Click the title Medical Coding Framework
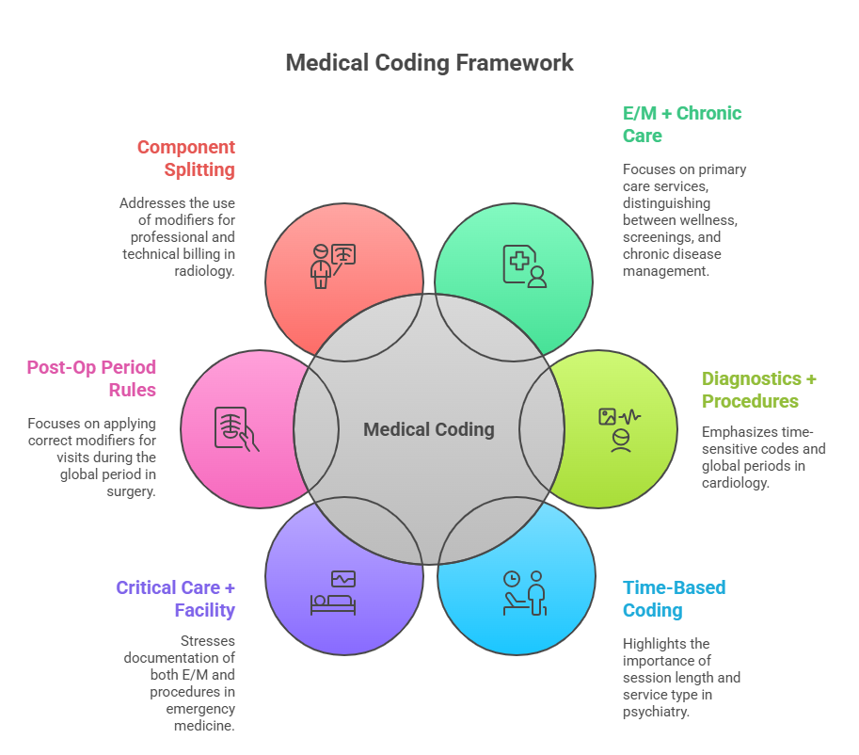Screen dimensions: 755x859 (429, 64)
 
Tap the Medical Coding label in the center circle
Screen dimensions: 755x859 (429, 429)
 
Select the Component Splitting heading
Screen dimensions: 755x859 (186, 158)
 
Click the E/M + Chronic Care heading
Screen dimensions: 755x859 (682, 124)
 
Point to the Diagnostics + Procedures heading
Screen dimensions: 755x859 (759, 390)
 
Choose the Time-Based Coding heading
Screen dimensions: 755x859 (674, 599)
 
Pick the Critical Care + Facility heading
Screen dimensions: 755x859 (176, 599)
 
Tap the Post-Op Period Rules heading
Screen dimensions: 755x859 (91, 378)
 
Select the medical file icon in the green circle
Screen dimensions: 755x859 (523, 265)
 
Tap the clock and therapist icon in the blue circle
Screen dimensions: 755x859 (525, 593)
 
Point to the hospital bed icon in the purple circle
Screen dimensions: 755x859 (333, 593)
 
